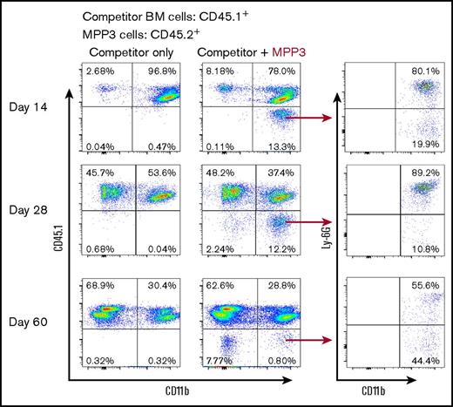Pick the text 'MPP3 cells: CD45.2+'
(136, 34)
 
